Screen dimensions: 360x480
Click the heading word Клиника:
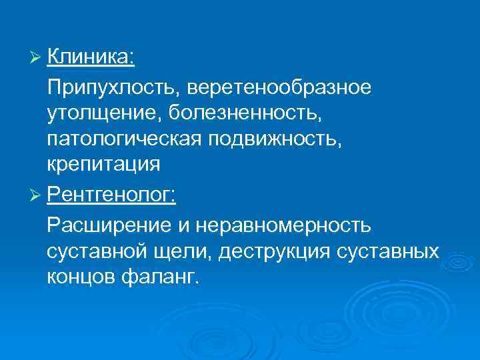click(x=91, y=59)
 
